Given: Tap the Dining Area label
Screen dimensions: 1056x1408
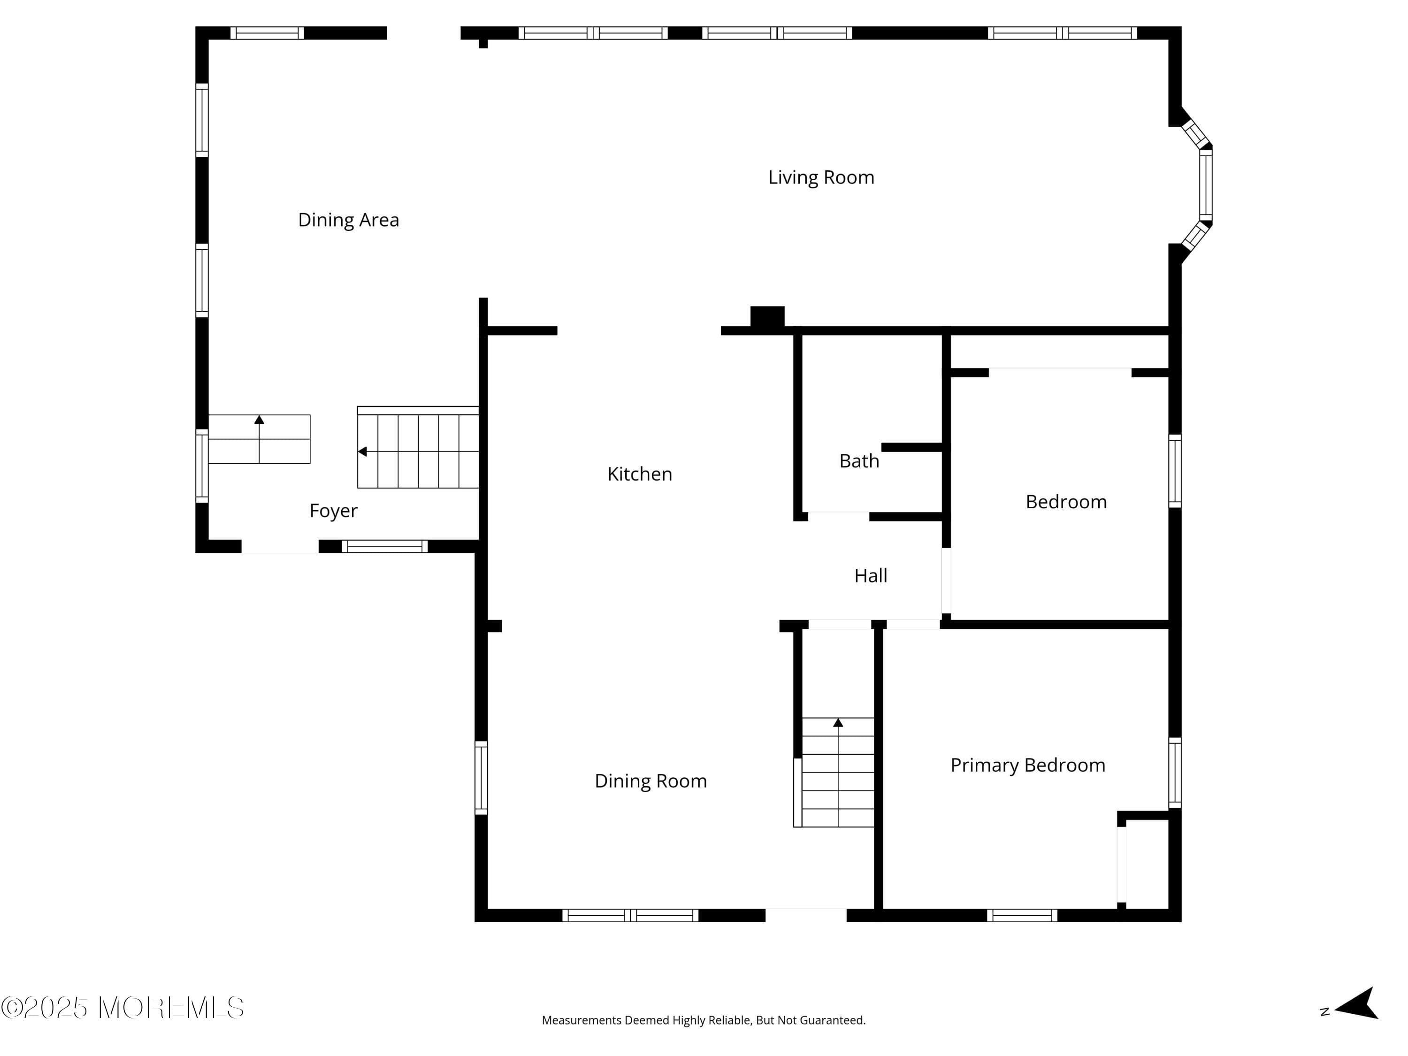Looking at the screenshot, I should coord(348,220).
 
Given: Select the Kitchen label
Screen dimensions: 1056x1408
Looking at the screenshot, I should coord(639,474).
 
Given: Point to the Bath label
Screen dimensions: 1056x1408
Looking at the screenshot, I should coord(859,461).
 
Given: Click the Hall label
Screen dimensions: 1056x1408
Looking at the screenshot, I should coord(870,576).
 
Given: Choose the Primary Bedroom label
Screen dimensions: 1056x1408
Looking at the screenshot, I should coord(1027,765).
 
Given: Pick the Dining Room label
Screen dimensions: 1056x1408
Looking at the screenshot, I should coord(650,781).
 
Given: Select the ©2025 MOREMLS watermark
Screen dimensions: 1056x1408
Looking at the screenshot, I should coord(122,1008).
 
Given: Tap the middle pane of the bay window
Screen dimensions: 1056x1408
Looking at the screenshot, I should coord(1206,184).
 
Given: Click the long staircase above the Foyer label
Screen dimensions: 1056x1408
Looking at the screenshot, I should coord(418,451).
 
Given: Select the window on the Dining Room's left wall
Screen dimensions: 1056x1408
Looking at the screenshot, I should coord(481,777).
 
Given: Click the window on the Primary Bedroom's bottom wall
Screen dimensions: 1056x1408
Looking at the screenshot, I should coord(1022,915).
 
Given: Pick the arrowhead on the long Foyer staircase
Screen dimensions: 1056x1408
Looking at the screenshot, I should coord(362,451).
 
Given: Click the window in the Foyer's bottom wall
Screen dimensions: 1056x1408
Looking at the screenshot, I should coord(384,546).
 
